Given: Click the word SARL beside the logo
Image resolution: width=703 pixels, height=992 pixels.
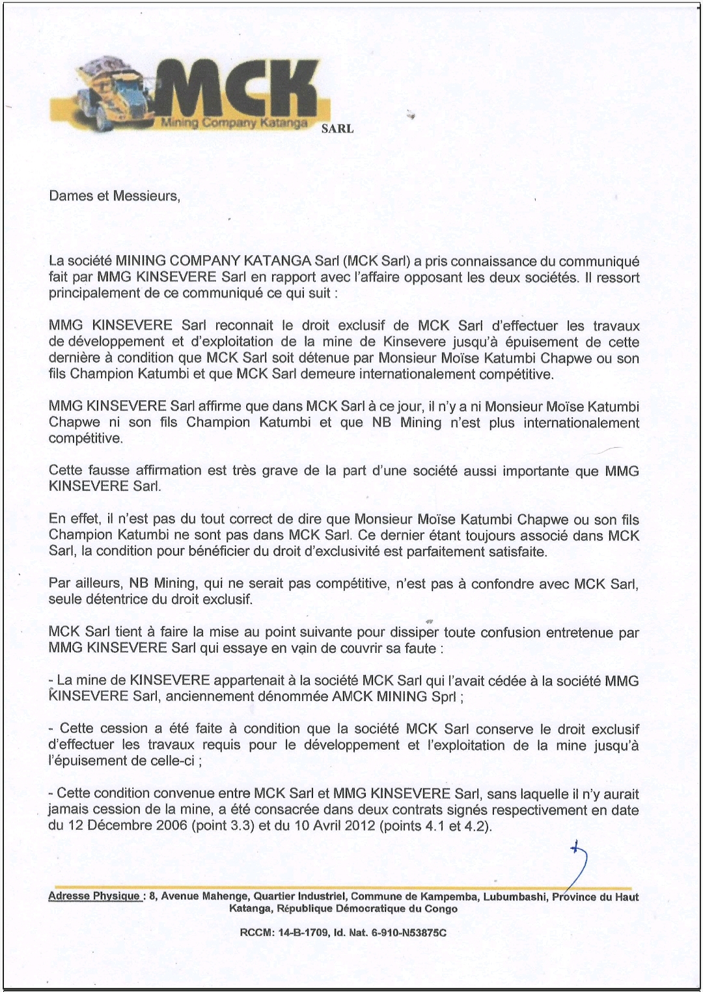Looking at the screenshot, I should (337, 129).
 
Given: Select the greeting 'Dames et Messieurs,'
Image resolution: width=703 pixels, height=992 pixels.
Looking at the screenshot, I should (114, 196).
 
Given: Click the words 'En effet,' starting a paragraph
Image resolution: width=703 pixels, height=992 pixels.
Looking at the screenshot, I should (74, 519).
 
